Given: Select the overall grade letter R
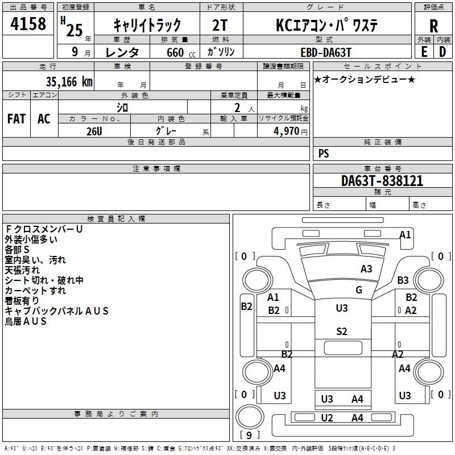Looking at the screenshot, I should pos(433,26).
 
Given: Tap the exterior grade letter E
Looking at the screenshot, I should pos(424,51).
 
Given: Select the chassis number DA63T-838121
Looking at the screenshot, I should pos(382,181).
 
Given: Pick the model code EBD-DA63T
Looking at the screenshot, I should pos(326,51).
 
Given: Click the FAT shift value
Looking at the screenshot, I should pos(16,118).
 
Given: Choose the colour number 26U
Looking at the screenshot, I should pos(94,131).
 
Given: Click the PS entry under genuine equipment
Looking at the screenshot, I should pos(324,154).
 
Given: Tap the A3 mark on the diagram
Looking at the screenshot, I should pos(366,269).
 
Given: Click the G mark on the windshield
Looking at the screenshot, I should pos(359,289).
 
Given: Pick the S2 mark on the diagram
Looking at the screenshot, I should pos(341,332).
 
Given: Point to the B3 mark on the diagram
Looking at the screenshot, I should pos(403,280).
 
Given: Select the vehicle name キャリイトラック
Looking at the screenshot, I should pos(147,25).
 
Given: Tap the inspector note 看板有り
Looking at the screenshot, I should pos(22,300).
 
